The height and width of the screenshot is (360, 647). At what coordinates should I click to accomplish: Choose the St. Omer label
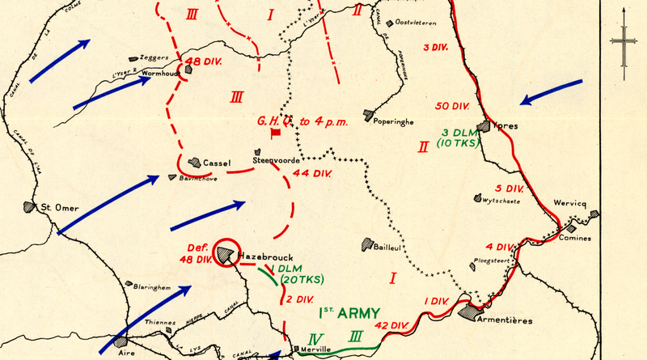click(x=60, y=208)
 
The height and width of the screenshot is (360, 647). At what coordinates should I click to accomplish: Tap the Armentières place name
click(x=505, y=320)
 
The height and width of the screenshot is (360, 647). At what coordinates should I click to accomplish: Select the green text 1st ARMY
click(x=351, y=312)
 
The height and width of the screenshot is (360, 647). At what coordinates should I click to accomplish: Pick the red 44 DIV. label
click(x=313, y=173)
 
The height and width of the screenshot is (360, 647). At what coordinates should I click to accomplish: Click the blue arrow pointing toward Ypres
click(x=552, y=94)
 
